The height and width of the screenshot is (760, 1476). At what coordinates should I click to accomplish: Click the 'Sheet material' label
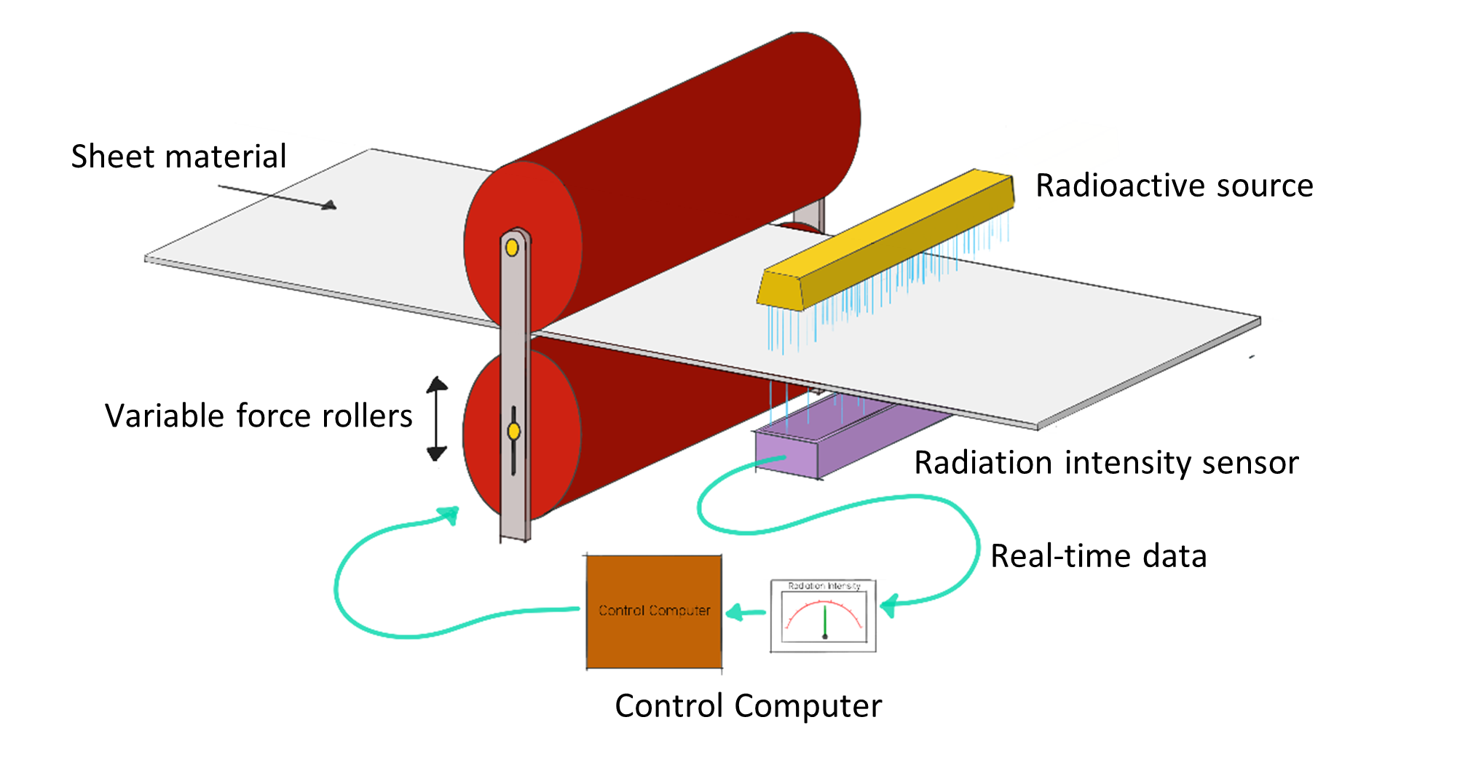point(178,157)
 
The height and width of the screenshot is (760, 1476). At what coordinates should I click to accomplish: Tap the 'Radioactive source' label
point(1174,186)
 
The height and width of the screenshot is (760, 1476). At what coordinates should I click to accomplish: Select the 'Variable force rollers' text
point(259,416)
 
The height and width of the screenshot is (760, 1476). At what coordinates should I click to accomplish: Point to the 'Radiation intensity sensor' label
point(1106,463)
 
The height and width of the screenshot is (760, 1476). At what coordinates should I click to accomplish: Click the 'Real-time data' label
point(1098,556)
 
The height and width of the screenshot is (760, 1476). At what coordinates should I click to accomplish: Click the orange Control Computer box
point(654,611)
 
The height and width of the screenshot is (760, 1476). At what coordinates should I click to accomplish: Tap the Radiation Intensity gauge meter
point(824,616)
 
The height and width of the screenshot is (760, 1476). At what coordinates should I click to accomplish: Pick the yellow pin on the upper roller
point(512,248)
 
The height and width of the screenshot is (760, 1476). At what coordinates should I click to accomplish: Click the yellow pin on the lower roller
point(514,432)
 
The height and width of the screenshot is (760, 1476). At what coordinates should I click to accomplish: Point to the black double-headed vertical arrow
point(437,419)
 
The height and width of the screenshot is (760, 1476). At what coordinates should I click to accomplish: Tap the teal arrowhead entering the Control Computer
point(737,613)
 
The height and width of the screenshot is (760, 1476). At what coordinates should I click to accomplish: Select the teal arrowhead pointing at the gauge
point(890,605)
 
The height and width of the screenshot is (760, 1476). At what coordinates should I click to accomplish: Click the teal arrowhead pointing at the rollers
point(449,515)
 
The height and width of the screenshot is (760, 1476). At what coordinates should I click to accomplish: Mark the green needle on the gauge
point(825,620)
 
